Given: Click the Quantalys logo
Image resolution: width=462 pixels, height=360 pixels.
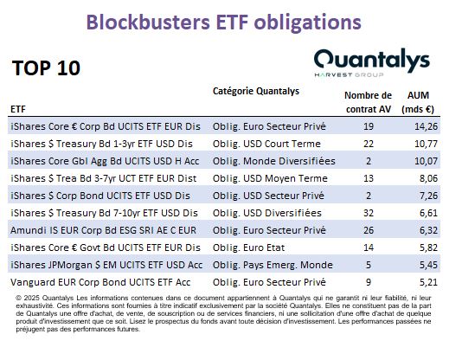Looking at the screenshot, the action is click(372, 63).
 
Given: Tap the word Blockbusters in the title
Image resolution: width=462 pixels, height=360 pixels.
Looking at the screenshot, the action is click(148, 22).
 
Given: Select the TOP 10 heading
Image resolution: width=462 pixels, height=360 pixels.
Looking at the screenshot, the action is click(46, 68).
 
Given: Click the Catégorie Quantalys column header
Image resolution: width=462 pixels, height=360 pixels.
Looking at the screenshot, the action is click(256, 91).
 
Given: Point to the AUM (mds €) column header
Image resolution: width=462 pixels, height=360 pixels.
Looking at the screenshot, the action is click(418, 102).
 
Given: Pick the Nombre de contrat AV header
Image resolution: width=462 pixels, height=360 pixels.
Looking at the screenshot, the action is click(369, 102).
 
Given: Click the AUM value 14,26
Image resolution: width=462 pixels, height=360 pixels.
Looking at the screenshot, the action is click(426, 126).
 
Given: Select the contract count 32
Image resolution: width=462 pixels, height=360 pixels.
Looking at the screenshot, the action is click(369, 213).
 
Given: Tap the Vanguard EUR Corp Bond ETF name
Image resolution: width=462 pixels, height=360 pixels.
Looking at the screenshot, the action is click(100, 282).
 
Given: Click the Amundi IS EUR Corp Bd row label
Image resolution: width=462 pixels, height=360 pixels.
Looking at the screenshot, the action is click(104, 230).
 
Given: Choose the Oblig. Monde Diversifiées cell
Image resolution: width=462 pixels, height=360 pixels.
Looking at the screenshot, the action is click(274, 161).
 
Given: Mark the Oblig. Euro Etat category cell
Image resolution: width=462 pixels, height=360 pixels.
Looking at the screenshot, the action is click(248, 247).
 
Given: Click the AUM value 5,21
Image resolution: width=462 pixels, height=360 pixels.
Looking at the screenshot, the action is click(428, 282).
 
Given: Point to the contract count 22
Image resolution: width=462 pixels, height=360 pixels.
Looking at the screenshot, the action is click(369, 144).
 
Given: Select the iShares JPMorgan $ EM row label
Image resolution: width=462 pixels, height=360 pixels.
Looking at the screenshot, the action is click(106, 265).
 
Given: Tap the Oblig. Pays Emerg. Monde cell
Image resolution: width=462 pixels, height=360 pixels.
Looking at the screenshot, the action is click(273, 265).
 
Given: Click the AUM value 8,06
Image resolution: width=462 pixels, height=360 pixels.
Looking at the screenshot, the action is click(428, 178).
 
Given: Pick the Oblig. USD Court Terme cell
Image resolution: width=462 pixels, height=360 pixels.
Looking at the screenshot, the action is click(266, 144).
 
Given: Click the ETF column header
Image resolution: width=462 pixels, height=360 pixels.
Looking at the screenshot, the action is click(18, 109).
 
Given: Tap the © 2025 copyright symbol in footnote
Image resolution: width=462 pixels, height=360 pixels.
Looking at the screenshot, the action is click(18, 299).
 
